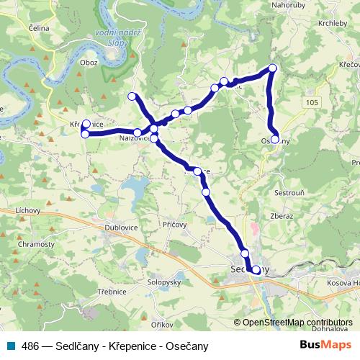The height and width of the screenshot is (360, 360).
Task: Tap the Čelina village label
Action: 39,27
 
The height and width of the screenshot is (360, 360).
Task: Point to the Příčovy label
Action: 175,225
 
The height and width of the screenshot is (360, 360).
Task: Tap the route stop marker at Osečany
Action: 275,139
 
